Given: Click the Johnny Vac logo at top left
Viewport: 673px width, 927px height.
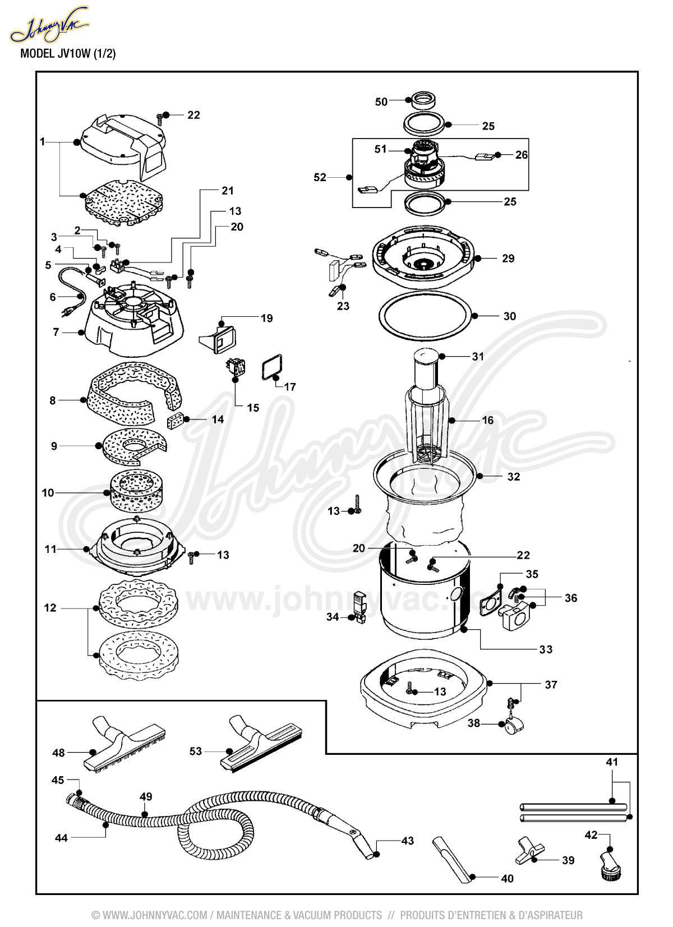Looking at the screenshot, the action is pyautogui.click(x=49, y=24).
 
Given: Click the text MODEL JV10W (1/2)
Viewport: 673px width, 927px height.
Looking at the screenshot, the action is pyautogui.click(x=68, y=53).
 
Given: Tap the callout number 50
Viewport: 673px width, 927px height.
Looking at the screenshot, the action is pyautogui.click(x=381, y=102).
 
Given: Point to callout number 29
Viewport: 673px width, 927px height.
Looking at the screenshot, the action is pyautogui.click(x=508, y=258).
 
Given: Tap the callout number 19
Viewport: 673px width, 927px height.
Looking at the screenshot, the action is pyautogui.click(x=266, y=318).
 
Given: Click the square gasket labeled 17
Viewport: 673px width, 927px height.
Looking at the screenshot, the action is pyautogui.click(x=272, y=367).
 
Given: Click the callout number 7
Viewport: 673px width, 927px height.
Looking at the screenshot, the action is pyautogui.click(x=56, y=332).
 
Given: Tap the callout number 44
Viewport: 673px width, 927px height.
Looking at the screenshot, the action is pyautogui.click(x=61, y=838).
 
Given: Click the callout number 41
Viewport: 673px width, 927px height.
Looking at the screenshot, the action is pyautogui.click(x=612, y=762).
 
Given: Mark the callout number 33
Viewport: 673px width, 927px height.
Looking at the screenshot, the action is pyautogui.click(x=546, y=649).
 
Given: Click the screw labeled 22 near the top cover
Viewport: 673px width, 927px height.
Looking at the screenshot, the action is pyautogui.click(x=160, y=119).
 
